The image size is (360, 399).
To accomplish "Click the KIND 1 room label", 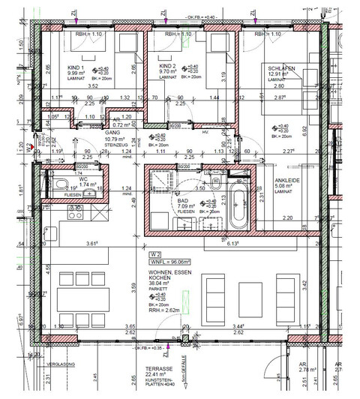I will point(76,68).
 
